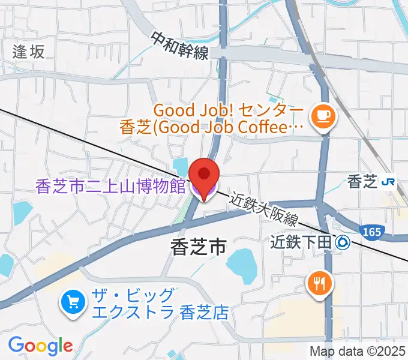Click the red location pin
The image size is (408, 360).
pos(204,173)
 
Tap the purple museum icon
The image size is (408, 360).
pos(203,191)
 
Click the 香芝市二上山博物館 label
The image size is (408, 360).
pos(111,187)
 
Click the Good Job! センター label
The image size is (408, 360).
pos(229,111)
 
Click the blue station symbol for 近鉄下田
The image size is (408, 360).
pos(344,242)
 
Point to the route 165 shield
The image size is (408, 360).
pos(370,231)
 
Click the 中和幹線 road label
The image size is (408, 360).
pos(179,46)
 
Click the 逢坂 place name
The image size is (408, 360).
pos(28,52)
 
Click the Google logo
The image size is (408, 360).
pos(40,345)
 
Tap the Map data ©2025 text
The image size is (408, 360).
pos(358,352)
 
